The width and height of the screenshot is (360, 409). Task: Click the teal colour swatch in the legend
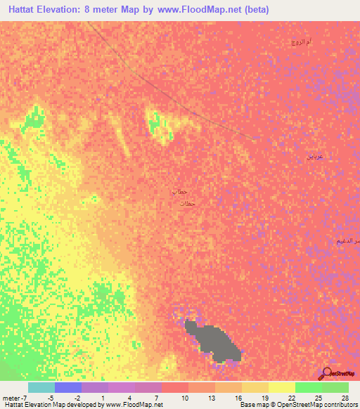click(41, 387)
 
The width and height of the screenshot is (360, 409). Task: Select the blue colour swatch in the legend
click(68, 387)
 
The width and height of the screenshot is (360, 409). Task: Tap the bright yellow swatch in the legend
click(282, 387)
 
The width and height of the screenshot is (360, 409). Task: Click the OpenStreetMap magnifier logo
click(327, 373)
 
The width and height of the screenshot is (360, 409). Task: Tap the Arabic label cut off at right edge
click(349, 241)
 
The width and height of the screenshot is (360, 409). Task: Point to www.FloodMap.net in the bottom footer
click(134, 405)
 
